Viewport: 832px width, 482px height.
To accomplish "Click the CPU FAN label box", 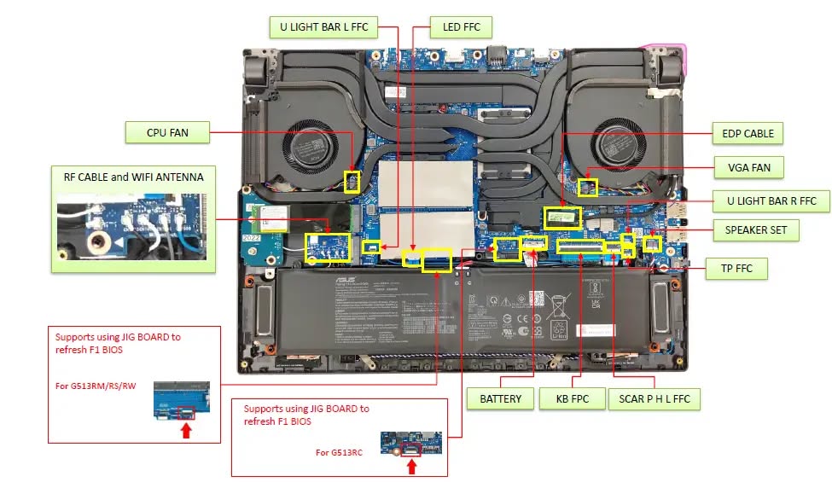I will click(x=168, y=132).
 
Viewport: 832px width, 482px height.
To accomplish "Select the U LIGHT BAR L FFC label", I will click(x=323, y=26).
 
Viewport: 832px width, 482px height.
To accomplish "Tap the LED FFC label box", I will click(x=461, y=26).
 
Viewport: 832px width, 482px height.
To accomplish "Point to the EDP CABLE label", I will click(x=748, y=133).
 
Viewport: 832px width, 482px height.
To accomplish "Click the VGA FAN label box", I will click(x=749, y=167).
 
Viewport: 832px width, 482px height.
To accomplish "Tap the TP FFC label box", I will click(x=737, y=270).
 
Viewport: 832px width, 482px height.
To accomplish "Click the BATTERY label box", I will click(x=500, y=398).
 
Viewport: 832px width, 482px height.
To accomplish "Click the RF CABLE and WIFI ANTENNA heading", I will click(x=134, y=177).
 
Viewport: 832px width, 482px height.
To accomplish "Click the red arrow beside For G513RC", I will click(x=412, y=466).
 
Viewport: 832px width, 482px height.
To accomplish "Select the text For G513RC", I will click(x=339, y=452).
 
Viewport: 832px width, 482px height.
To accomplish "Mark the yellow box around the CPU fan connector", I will click(x=351, y=181).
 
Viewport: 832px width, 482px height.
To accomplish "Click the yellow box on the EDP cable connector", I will click(x=563, y=217).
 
